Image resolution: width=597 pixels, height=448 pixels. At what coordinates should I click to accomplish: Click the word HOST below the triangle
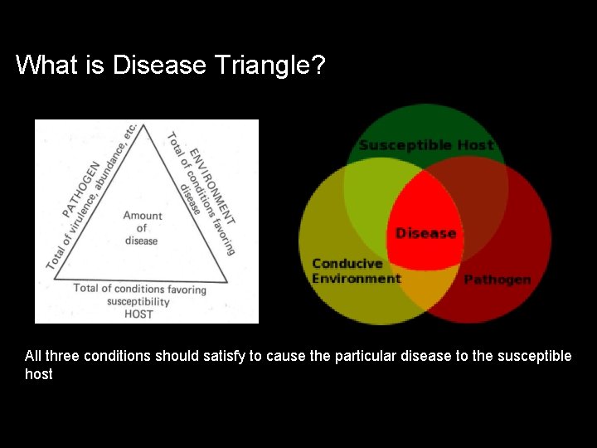point(138,314)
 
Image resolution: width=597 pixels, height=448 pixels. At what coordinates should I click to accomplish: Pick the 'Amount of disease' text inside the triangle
point(142,228)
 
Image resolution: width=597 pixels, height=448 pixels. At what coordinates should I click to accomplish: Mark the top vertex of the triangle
point(147,125)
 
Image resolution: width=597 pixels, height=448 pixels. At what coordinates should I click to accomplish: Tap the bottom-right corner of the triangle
point(227,282)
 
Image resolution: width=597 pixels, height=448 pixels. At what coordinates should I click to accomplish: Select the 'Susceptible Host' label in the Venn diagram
point(425,145)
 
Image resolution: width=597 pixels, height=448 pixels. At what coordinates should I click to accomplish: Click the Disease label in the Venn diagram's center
point(425,233)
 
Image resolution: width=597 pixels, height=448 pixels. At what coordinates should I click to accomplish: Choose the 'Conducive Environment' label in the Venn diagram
point(355,271)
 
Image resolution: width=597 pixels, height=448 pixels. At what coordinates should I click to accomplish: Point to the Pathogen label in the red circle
point(497,280)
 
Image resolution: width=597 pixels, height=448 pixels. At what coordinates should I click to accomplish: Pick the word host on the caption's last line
point(38,374)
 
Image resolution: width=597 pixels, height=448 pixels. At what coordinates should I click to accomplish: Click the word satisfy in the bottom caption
point(223,356)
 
